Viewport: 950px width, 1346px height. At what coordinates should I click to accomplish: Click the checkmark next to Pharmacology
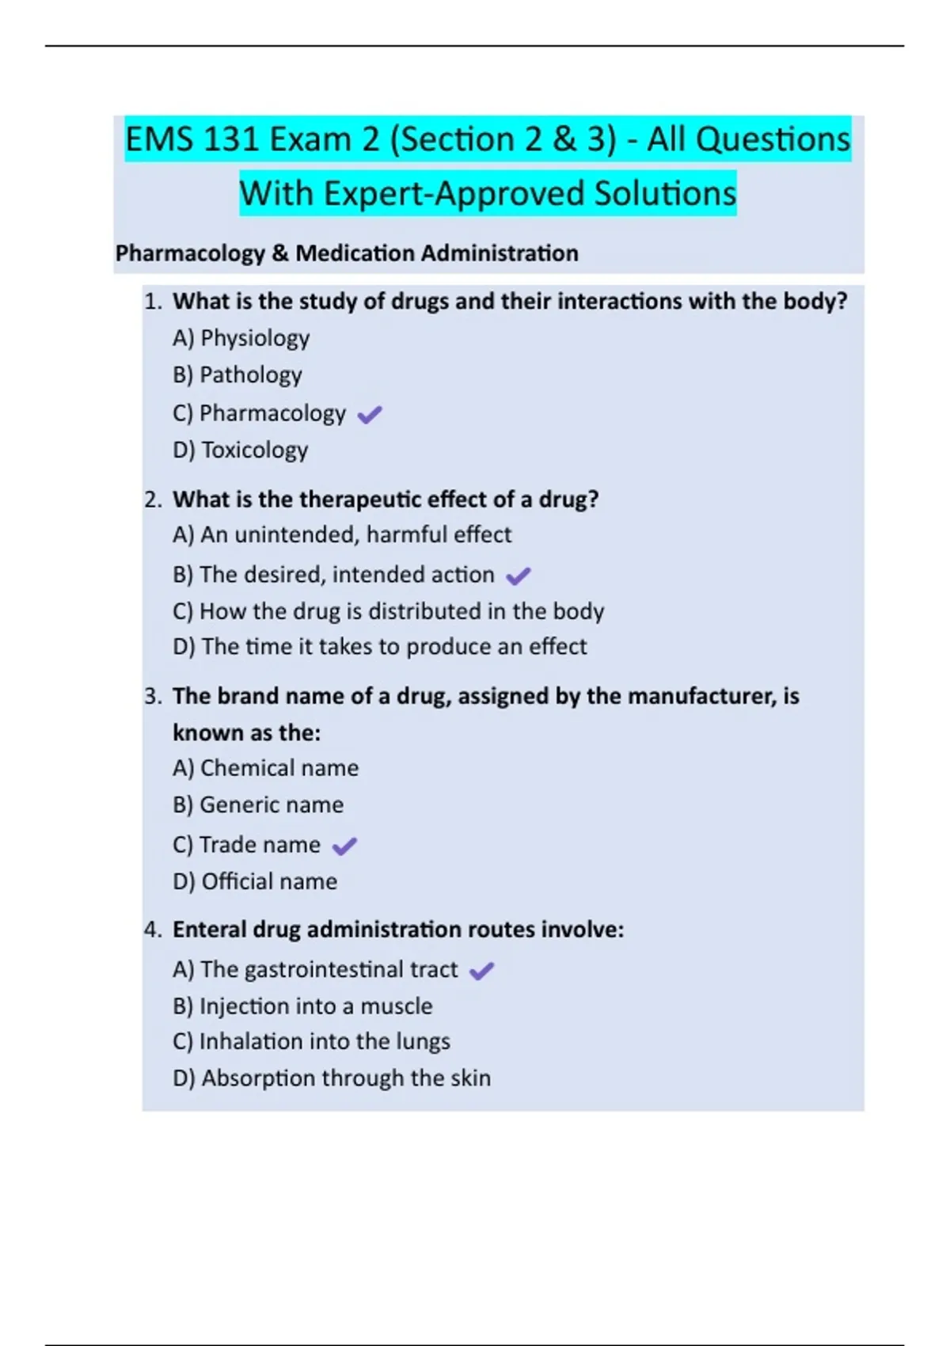[370, 414]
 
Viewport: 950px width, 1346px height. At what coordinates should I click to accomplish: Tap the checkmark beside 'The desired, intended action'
[519, 576]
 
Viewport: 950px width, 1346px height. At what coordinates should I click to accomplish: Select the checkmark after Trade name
[344, 846]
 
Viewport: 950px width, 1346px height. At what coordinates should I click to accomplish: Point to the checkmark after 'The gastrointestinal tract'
[481, 971]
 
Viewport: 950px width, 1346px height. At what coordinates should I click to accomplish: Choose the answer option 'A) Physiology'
[241, 338]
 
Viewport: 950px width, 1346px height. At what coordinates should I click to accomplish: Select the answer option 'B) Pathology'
[237, 375]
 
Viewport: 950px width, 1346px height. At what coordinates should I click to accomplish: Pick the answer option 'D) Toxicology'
[240, 450]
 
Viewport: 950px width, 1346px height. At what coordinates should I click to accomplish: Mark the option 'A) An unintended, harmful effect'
[341, 535]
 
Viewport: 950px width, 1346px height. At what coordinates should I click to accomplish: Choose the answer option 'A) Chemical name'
[265, 768]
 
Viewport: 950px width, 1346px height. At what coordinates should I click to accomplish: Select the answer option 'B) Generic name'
[258, 805]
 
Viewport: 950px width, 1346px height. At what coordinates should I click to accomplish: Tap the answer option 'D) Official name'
[255, 881]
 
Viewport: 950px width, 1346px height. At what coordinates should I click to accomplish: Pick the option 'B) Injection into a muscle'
[302, 1006]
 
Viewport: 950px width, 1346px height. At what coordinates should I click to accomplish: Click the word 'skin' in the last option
[470, 1078]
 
